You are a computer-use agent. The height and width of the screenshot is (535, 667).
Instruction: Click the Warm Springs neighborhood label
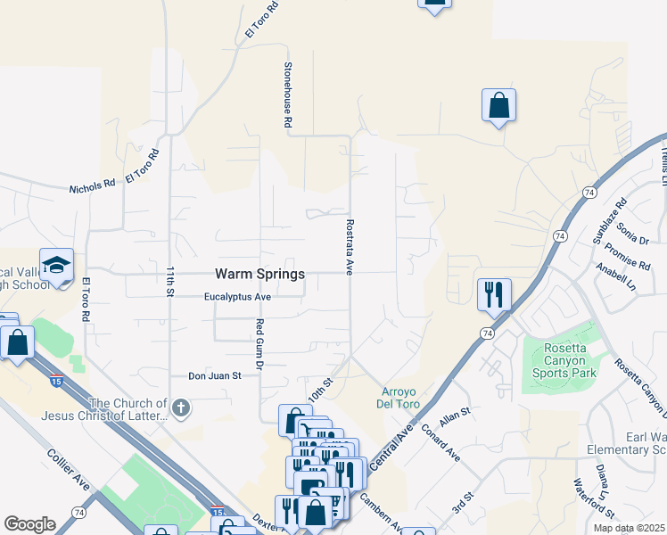tap(259, 274)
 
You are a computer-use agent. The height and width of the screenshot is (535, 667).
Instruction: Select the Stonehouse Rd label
tap(288, 94)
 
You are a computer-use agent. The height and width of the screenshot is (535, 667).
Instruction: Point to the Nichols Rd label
tap(93, 186)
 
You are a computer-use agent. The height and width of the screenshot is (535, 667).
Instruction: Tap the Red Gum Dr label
tap(260, 344)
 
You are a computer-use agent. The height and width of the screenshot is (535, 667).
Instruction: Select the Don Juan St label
tap(215, 376)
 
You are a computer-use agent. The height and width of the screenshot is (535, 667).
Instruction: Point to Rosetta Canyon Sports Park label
tap(558, 360)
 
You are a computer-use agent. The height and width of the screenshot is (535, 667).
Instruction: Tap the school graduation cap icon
tap(56, 266)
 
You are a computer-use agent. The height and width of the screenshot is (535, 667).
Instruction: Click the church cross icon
tap(181, 409)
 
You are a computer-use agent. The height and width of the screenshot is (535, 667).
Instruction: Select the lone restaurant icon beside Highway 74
tap(494, 294)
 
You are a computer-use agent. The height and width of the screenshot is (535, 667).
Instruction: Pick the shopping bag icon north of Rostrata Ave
tap(498, 105)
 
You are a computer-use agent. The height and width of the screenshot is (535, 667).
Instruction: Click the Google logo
tap(29, 523)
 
